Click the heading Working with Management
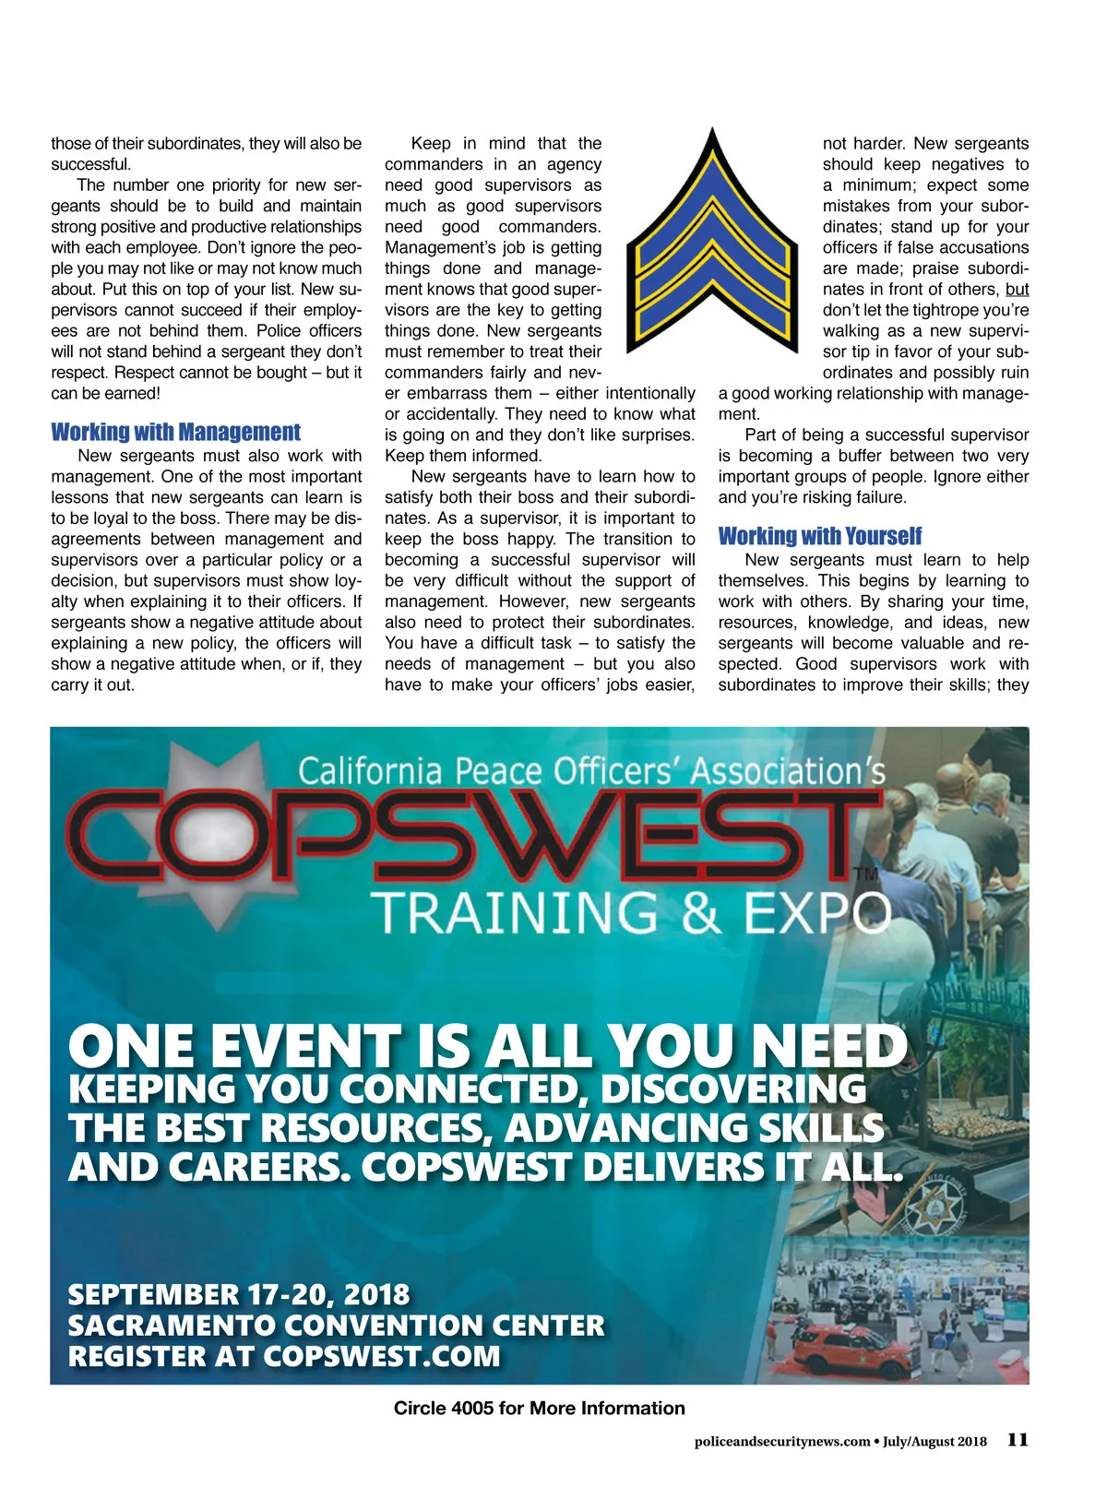175,433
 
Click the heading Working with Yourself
819,537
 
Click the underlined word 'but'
1017,290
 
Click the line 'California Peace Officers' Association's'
590,771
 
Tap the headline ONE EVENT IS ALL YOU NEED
487,1048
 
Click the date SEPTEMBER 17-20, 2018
238,1295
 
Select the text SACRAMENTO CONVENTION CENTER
336,1326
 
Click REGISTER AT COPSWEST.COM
284,1357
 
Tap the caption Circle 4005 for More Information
539,1409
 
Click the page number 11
1018,1440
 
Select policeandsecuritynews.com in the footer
781,1442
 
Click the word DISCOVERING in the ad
732,1089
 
